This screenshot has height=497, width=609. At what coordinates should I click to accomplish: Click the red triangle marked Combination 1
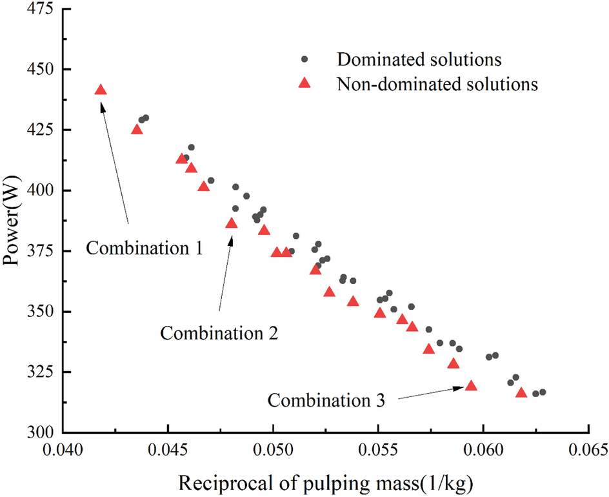(x=101, y=90)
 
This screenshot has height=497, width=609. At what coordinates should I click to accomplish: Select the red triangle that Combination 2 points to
(x=232, y=223)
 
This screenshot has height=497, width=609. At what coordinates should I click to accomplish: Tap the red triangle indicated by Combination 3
(x=471, y=386)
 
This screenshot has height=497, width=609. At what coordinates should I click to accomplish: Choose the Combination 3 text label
(x=326, y=400)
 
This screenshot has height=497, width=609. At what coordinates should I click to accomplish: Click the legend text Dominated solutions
(x=419, y=59)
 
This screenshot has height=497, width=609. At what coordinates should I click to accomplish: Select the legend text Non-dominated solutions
(x=437, y=84)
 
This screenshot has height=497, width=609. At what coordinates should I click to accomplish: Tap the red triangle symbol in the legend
(x=306, y=84)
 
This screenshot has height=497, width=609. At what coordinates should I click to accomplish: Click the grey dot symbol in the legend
(x=306, y=59)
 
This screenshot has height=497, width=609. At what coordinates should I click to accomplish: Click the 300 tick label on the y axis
(x=39, y=432)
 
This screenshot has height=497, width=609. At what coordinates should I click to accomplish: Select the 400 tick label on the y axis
(x=39, y=190)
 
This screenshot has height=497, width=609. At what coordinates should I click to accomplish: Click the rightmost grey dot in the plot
(x=543, y=392)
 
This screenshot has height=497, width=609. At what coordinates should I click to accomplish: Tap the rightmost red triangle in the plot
(x=521, y=392)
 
